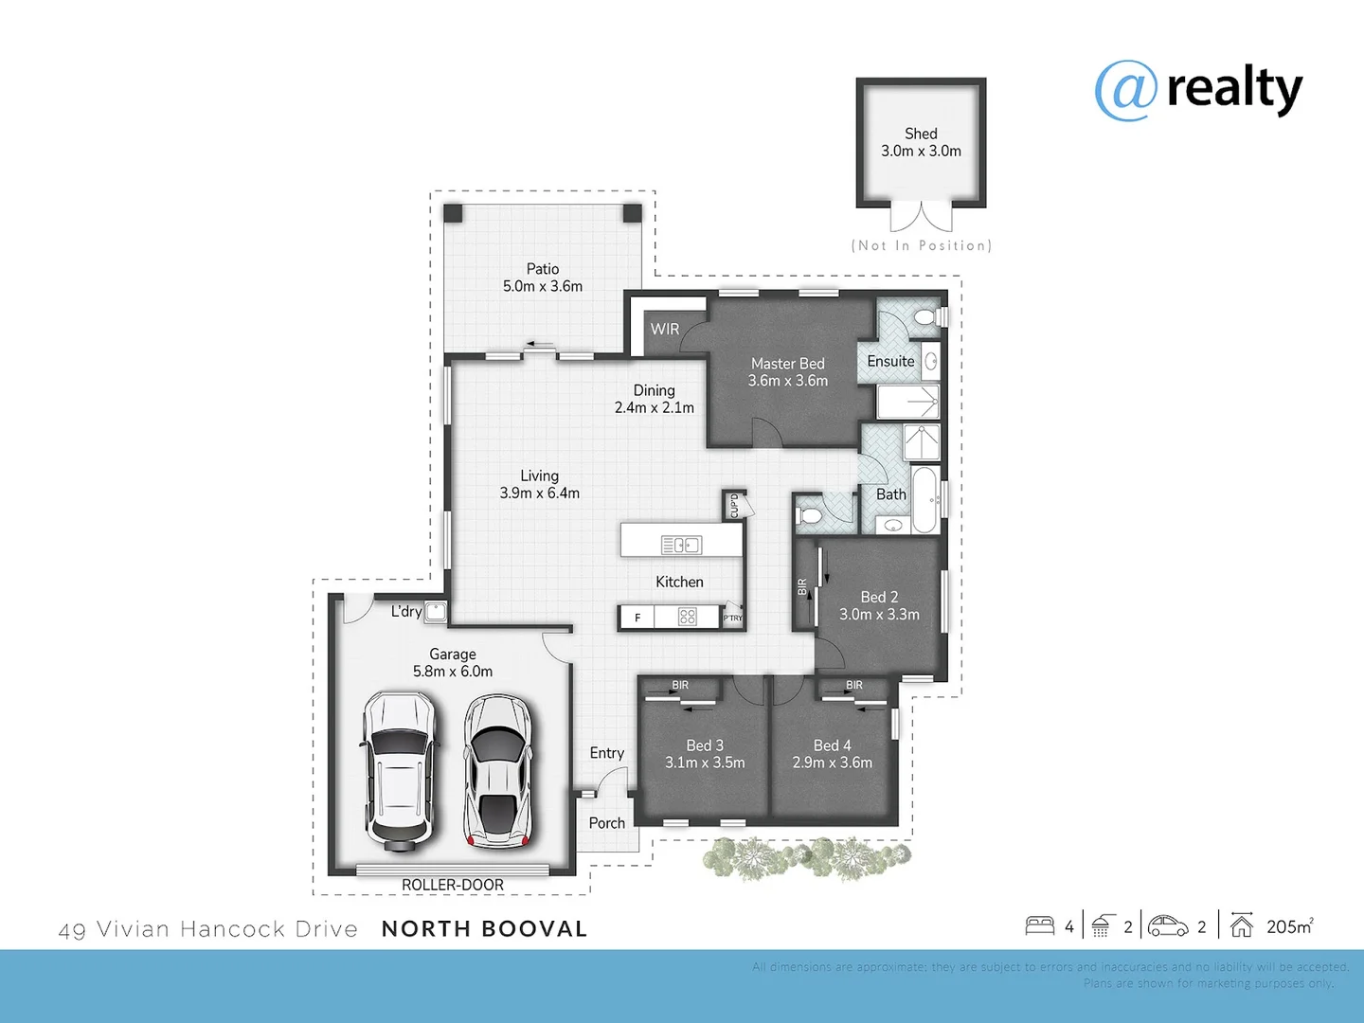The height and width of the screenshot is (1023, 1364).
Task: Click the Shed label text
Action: point(921,134)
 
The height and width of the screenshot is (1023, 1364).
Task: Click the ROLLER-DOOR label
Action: point(453,885)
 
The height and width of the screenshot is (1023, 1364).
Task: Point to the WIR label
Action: point(665,330)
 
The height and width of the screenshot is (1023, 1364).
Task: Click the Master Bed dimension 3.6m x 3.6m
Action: point(788,381)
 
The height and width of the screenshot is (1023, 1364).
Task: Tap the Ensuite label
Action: point(890,361)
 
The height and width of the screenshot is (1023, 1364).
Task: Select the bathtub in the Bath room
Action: point(924,499)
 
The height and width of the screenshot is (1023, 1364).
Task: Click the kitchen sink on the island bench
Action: point(681,545)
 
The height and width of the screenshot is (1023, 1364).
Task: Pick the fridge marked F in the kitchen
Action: point(637,618)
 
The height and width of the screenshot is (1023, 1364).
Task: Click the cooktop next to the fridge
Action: point(688,617)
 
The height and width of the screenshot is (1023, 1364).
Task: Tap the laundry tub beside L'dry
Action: point(435,611)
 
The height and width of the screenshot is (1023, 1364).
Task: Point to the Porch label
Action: point(607,823)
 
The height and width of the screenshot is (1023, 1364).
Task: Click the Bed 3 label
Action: point(705,745)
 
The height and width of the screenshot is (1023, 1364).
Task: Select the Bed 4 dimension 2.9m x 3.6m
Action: point(833,763)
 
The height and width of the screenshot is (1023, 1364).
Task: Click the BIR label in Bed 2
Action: point(802,587)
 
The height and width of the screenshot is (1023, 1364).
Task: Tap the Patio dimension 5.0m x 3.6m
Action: point(543,286)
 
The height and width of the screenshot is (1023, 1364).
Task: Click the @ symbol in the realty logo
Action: point(1125,91)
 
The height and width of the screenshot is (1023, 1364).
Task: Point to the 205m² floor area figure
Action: point(1289,926)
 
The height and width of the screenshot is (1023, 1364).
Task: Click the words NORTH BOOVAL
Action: point(484,929)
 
